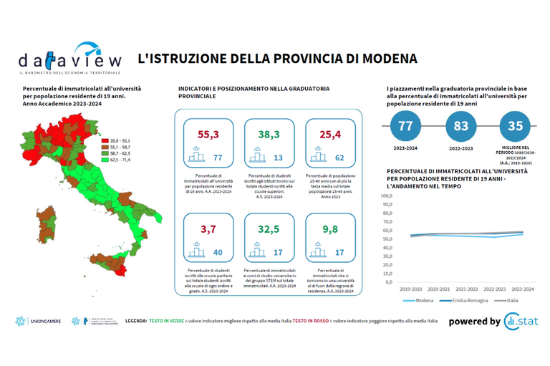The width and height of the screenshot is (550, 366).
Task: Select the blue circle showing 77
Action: pos(407,126)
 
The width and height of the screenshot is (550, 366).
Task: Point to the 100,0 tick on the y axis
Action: pos(386,196)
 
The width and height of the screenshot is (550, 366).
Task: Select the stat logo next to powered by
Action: pos(521,322)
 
